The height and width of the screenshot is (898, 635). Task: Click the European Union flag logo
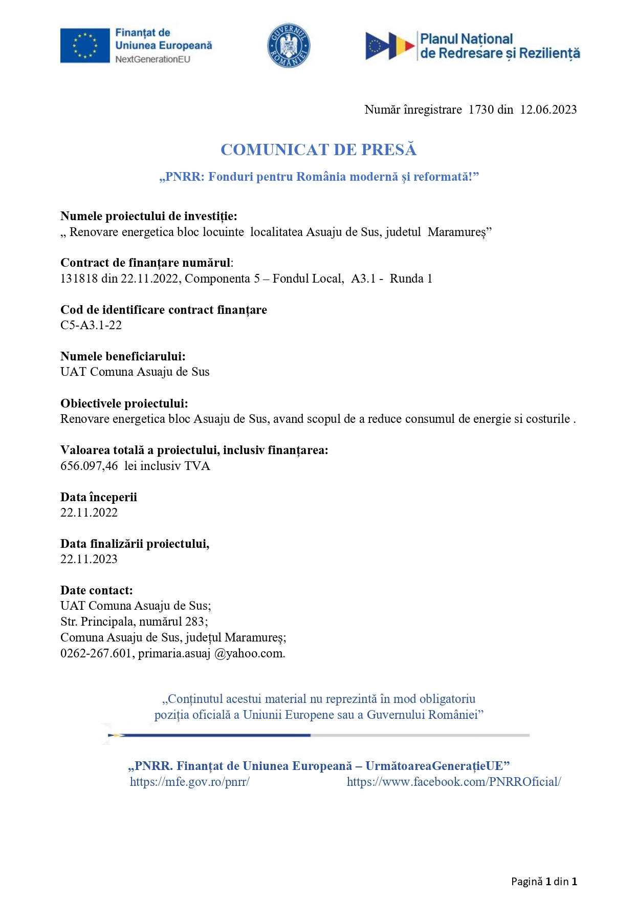point(85,46)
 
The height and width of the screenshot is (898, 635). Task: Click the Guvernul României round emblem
point(289,46)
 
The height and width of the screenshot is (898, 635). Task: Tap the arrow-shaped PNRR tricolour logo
point(389,46)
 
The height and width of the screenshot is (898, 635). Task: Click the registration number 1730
point(481,110)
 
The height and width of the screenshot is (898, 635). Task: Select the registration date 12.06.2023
point(548,110)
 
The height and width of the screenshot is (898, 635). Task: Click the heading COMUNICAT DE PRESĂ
point(318,149)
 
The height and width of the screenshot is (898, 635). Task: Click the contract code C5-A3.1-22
point(91,325)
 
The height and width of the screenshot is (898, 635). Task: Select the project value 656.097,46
point(89,466)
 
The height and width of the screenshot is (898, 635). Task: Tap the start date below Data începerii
point(89,512)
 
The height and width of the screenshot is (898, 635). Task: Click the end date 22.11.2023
point(89,559)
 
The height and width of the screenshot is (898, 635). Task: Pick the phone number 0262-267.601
point(96,653)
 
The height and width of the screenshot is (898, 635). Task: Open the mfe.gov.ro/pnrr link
point(189,782)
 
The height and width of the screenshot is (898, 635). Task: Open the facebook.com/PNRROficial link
point(454,782)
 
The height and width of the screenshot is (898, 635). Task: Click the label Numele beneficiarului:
point(123,356)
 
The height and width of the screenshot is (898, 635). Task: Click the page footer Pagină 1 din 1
point(544,881)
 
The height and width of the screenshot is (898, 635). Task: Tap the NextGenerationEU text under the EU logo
point(152,59)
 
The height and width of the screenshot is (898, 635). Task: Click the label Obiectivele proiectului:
point(124,403)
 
